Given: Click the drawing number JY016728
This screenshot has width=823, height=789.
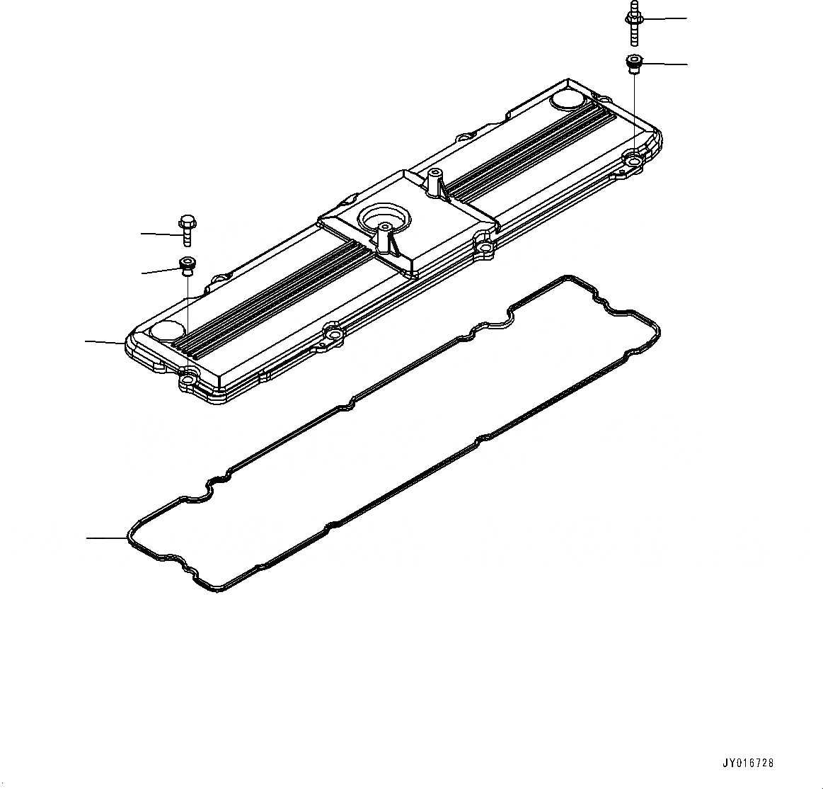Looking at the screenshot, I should tap(748, 763).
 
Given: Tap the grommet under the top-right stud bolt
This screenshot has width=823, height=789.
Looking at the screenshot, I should tap(634, 64).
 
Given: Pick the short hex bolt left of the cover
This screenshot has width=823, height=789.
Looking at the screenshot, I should tap(187, 229).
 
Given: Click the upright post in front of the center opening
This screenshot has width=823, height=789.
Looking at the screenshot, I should tap(384, 237).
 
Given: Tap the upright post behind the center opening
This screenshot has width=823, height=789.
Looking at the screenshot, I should tap(434, 183).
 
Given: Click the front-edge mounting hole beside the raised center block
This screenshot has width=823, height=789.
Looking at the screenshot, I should tap(485, 248).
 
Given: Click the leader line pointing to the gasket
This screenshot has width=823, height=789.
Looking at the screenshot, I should tap(106, 538).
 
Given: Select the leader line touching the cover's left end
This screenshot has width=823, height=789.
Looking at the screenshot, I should tap(105, 342).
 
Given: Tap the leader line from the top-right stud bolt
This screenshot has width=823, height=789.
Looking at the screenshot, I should tap(665, 18).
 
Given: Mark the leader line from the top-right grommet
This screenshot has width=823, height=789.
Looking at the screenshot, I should tap(665, 64).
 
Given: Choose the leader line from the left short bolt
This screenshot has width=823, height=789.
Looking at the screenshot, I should tap(159, 233).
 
